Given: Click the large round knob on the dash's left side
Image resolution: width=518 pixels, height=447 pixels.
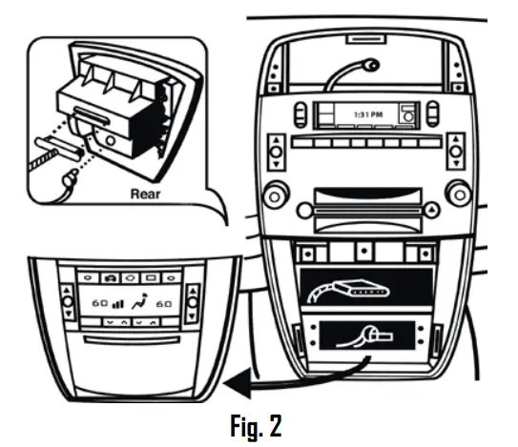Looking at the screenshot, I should (275, 198).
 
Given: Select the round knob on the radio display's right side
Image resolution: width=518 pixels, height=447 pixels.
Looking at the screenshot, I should (408, 116).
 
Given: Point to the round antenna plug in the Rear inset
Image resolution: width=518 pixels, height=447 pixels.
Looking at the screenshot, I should (68, 176).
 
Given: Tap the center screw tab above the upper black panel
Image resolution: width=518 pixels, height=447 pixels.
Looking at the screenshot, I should (365, 254).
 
